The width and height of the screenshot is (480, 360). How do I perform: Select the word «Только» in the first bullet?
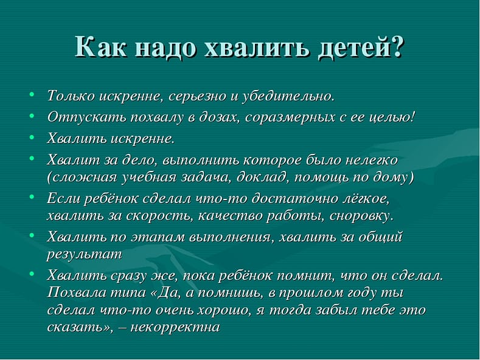coord(70,96)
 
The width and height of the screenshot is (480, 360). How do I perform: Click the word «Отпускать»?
coord(81,116)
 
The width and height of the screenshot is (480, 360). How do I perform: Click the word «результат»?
coord(85,254)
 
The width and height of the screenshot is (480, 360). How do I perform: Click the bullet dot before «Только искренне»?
coord(32,95)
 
